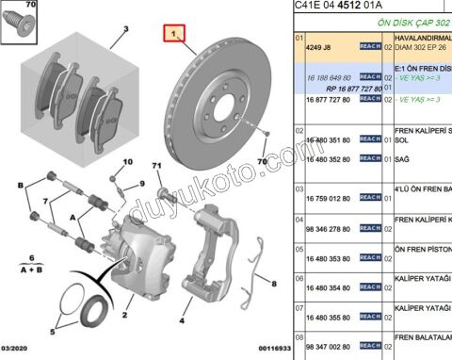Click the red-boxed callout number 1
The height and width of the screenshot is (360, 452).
(x=173, y=34)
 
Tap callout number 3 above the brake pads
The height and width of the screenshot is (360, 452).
(x=122, y=29)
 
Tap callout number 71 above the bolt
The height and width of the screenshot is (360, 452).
(x=157, y=167)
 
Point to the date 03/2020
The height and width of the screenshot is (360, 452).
(x=20, y=352)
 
